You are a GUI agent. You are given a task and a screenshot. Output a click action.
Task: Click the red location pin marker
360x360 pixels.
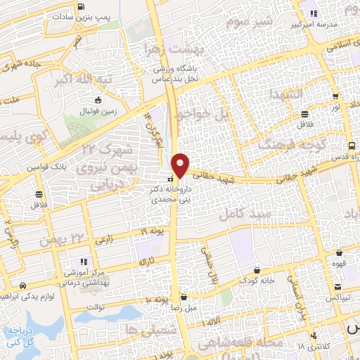point(181,165)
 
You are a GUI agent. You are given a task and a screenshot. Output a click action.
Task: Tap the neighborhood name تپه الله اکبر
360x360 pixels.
point(84,80)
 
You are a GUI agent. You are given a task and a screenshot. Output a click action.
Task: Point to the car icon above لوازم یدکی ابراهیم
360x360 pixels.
point(25,286)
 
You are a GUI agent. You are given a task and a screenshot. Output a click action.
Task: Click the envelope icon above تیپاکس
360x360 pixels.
point(340,286)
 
